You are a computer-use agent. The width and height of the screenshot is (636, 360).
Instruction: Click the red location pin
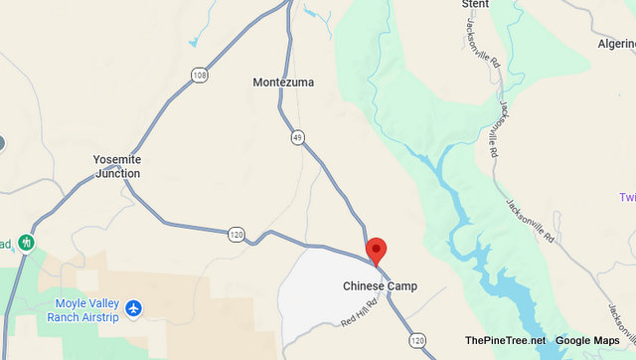coord(376,251)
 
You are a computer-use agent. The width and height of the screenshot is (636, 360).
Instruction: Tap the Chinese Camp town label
coord(380,286)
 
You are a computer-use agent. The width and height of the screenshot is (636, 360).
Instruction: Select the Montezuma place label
coord(282,83)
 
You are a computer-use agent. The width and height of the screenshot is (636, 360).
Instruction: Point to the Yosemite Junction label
coord(117,166)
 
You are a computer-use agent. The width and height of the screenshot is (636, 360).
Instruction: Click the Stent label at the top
coord(476,4)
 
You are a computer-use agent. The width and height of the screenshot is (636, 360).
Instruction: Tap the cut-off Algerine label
coord(616,45)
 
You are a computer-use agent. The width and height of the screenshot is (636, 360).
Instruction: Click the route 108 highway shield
coord(199,74)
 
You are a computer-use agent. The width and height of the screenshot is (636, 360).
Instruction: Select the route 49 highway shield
coord(297,137)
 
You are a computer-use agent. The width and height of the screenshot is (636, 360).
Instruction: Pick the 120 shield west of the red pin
coord(236,235)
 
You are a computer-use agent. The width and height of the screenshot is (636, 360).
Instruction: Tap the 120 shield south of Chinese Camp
coord(416,339)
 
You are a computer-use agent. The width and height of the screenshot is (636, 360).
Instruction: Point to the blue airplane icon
coord(134,309)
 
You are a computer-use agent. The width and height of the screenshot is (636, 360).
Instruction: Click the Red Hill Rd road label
coord(360,314)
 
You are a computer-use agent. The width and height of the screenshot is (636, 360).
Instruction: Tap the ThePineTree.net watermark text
coord(505,340)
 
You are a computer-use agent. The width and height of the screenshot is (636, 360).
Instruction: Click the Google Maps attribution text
coord(587,340)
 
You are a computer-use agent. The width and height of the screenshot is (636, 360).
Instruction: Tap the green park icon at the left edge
coord(26,242)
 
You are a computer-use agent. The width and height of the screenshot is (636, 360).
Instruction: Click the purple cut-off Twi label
coord(626,197)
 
